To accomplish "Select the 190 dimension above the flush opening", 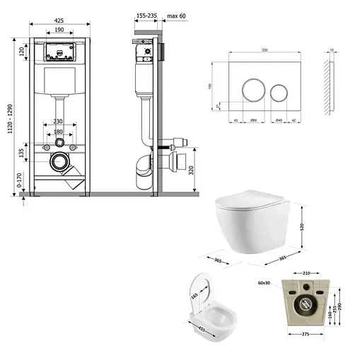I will click(59, 31).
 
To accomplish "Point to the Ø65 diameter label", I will click(253, 120).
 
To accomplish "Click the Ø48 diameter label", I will click(279, 120).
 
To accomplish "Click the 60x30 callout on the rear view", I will click(266, 281).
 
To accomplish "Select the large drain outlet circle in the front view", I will click(60, 163).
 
